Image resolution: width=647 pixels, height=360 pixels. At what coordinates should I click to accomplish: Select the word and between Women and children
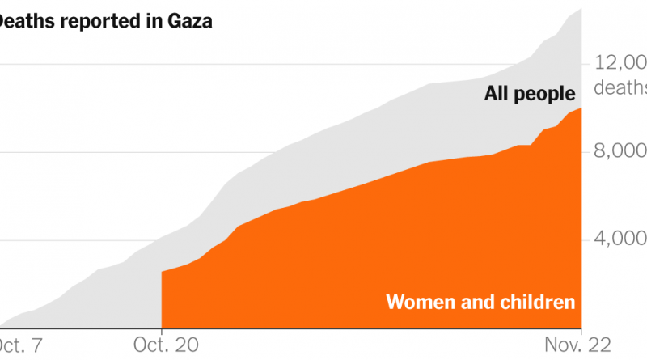(478, 303)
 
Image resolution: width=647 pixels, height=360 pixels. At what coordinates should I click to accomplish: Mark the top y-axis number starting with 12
(620, 63)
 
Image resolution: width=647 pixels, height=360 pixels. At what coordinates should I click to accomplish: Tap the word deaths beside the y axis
(620, 87)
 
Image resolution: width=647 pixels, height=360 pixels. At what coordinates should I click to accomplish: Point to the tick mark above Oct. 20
(162, 331)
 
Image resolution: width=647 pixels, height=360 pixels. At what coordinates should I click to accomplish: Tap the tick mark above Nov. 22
(582, 331)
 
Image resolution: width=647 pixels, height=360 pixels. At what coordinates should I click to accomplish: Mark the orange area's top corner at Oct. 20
(163, 272)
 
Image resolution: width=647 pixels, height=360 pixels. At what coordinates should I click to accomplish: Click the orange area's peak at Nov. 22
(581, 108)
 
